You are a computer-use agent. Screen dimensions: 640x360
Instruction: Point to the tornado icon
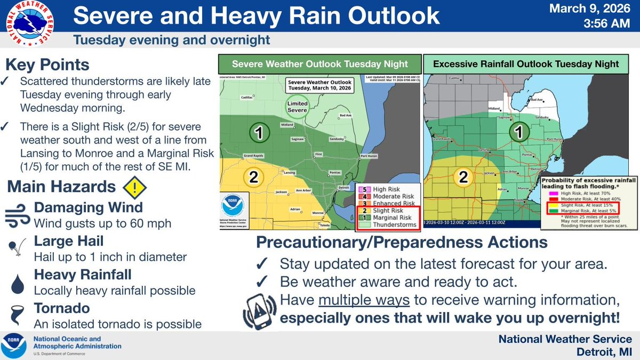(17, 317)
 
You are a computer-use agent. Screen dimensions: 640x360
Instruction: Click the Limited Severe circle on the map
(297, 106)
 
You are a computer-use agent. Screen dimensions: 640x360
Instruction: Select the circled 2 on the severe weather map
(254, 178)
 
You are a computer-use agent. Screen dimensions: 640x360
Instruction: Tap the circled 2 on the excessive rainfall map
(463, 177)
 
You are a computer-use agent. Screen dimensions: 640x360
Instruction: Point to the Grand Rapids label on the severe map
(255, 156)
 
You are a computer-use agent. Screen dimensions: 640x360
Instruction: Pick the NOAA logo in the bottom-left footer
(15, 346)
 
